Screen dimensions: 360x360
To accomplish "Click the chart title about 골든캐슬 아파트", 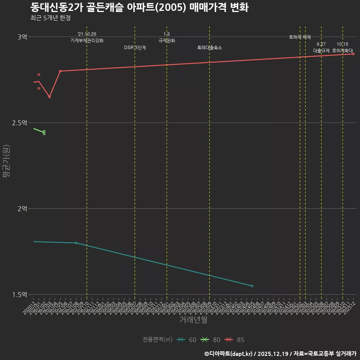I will (x=139, y=7).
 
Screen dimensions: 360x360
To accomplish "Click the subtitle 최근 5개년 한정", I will (x=50, y=18).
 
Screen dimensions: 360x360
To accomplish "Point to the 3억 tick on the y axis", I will (x=22, y=37).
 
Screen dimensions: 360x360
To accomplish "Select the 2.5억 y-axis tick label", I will (x=19, y=123).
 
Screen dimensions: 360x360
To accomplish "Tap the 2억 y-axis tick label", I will (x=22, y=208).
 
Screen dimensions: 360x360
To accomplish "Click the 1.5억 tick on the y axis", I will (x=19, y=294).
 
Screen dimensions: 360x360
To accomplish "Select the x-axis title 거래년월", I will (x=193, y=320).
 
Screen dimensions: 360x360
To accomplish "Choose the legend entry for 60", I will (x=187, y=340).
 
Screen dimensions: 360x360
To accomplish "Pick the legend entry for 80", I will (x=211, y=340).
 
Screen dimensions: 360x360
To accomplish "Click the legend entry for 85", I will (x=235, y=340).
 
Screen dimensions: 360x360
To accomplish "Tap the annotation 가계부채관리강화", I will (x=87, y=40).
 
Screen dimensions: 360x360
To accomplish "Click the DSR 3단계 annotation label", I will (x=135, y=48).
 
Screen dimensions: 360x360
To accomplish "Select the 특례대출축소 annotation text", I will (x=210, y=48).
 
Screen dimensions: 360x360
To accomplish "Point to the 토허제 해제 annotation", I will (x=300, y=37).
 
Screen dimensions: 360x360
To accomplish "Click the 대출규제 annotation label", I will (x=321, y=50).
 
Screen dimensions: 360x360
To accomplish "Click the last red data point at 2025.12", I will (x=353, y=54).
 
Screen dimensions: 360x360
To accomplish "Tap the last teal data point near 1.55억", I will (x=252, y=286).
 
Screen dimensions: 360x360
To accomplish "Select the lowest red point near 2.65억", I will (x=49, y=97).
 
